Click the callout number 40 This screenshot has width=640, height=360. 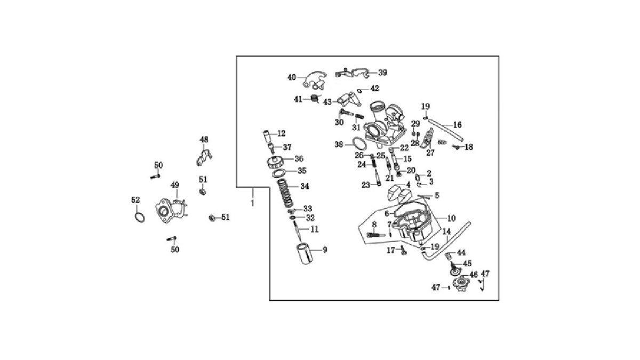point(291,77)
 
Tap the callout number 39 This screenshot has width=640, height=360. point(382,73)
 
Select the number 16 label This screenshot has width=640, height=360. point(457,125)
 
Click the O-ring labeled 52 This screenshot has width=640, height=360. point(139,217)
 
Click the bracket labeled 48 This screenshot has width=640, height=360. point(203,157)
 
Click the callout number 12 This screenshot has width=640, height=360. point(281,133)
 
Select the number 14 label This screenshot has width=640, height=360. point(446,231)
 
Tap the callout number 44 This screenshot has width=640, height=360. point(461,253)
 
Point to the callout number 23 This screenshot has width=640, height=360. point(365,185)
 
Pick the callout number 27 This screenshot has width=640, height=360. point(430,153)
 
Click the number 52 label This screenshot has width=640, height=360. point(135,200)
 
